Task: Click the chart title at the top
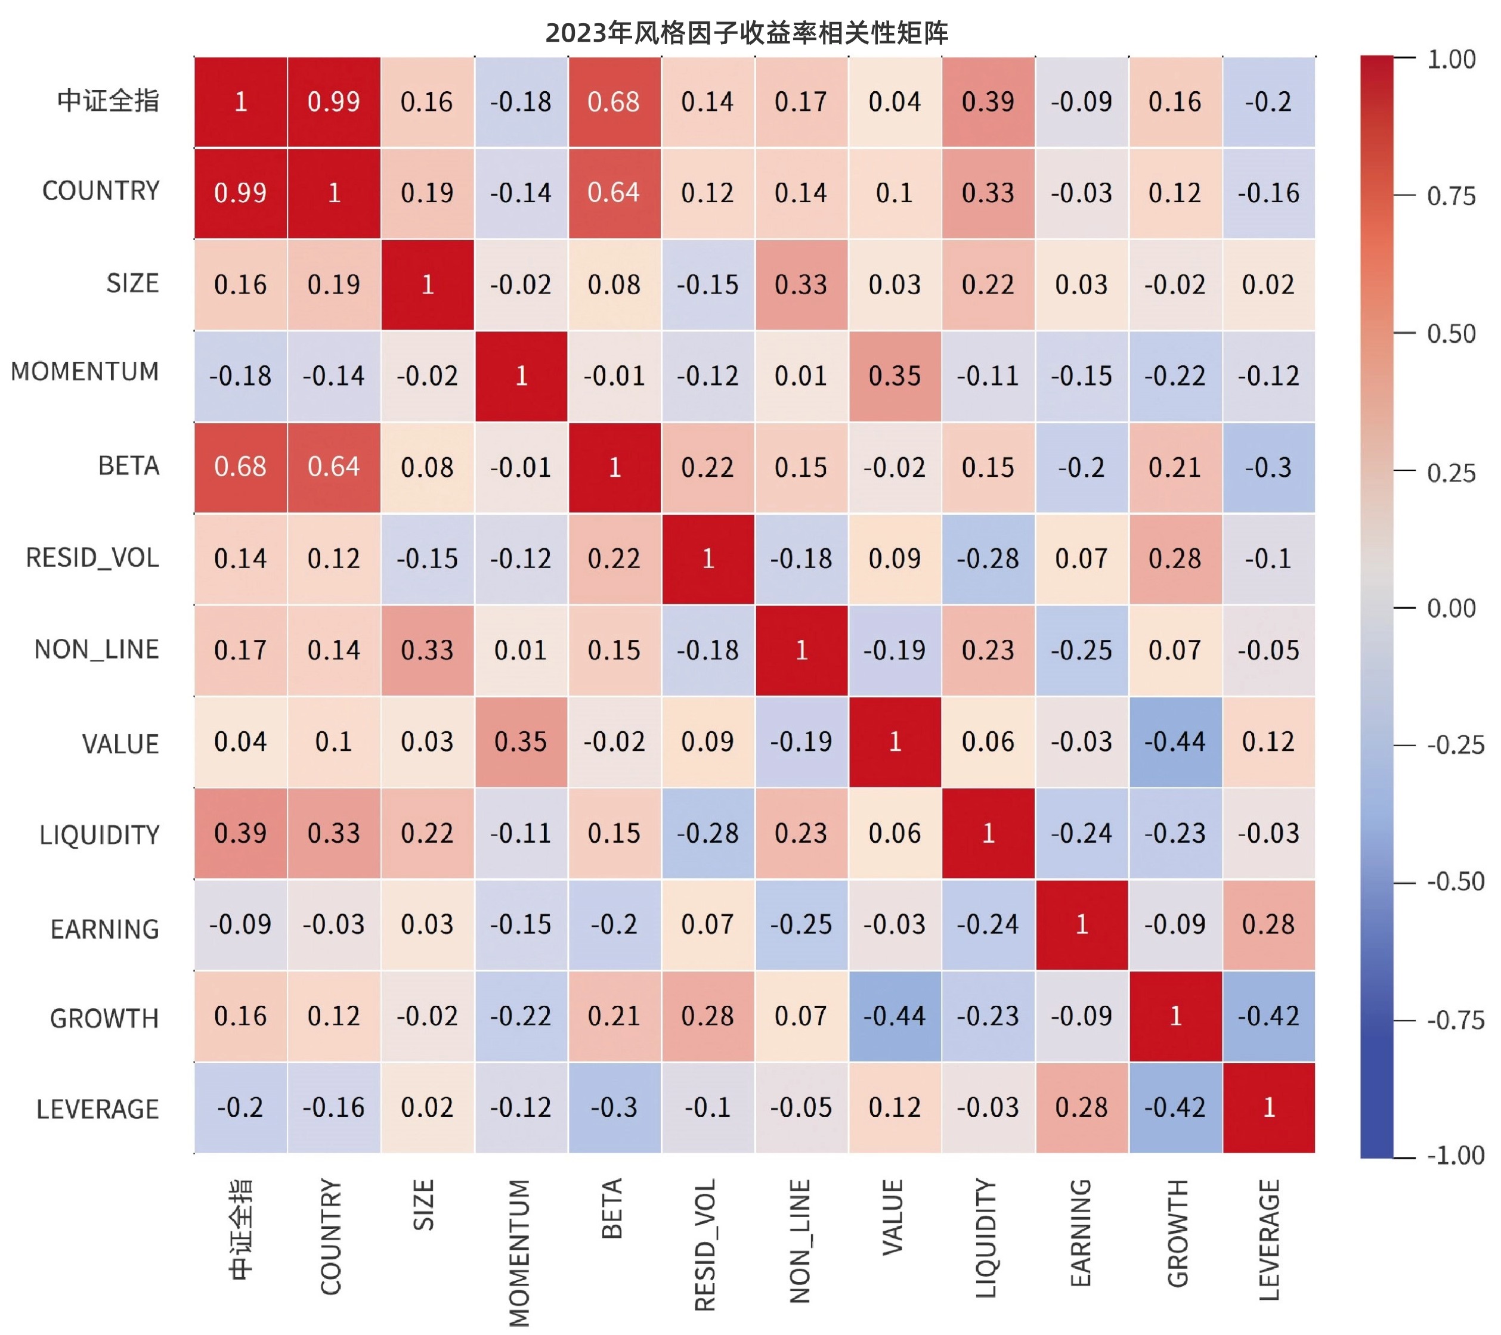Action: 747,33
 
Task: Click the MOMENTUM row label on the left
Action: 85,372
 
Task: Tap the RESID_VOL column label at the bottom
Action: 705,1245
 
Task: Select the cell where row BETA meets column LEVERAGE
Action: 1268,467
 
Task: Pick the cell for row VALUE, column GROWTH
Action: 1175,742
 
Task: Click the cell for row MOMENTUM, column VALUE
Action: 895,376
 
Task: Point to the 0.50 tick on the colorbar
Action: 1450,334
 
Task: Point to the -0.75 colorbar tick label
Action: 1454,1020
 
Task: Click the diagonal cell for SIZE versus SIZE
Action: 428,285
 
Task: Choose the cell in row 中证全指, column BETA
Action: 614,102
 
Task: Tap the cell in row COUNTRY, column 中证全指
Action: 241,193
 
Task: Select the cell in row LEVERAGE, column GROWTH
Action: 1175,1107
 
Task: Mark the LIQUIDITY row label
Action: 99,835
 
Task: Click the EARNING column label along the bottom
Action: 1081,1233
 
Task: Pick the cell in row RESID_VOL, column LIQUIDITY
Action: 988,559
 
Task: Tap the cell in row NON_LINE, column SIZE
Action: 428,650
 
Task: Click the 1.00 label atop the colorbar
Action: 1451,60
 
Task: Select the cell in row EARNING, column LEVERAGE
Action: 1268,925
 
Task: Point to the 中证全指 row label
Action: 108,101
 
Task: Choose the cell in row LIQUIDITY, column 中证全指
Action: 241,834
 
